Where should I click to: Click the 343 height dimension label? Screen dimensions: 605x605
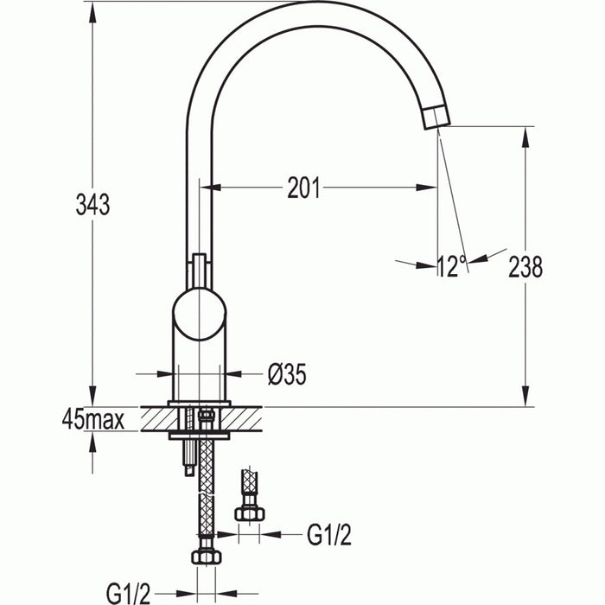pos(92,206)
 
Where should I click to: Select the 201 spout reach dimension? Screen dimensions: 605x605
pos(303,188)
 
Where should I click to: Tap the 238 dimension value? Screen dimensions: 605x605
pos(525,267)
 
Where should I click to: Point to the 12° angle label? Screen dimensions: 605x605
pos(451,266)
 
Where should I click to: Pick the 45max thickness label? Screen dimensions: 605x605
pos(93,421)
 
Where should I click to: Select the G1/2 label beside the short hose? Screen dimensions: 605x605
pos(328,535)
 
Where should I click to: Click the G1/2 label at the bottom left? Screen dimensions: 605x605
pos(129,592)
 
